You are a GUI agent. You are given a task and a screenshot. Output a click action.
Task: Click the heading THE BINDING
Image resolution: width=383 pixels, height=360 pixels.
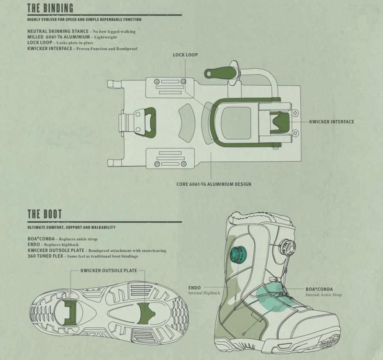pos(50,8)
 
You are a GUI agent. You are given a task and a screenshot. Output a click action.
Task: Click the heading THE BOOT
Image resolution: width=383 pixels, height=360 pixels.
pos(45,214)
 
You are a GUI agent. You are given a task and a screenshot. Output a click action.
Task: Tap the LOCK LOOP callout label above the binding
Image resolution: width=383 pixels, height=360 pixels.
pos(185,55)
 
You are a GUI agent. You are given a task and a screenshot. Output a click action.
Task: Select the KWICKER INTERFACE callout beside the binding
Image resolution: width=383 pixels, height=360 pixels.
pos(331,122)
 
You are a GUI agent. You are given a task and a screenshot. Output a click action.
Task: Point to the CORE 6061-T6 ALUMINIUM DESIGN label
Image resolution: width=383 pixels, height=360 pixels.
pos(214,184)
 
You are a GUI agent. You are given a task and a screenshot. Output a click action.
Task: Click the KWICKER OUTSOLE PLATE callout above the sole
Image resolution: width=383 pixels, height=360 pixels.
pos(109,270)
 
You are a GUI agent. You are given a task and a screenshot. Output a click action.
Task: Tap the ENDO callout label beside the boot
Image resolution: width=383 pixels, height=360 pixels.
pos(194,288)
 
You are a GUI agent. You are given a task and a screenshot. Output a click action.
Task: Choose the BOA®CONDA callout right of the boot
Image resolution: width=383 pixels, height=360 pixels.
pos(319,289)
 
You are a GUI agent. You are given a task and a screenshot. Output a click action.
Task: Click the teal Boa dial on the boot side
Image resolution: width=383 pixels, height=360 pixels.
pos(238,255)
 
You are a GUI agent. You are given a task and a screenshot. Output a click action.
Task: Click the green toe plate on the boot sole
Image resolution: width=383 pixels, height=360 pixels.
pos(146,314)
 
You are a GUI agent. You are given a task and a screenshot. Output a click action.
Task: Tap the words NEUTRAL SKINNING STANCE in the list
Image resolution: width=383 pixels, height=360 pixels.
pos(58,31)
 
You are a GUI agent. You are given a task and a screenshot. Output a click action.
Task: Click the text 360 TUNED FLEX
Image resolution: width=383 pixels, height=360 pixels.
pos(45,256)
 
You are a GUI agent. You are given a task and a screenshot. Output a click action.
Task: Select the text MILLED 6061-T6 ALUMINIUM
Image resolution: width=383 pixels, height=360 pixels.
pos(58,37)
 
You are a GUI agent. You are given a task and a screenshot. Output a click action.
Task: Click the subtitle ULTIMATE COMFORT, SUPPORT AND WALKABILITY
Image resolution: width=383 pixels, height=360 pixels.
pos(71,227)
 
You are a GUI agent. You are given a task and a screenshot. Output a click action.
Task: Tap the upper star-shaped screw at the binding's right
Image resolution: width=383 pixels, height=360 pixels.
pos(295,113)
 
